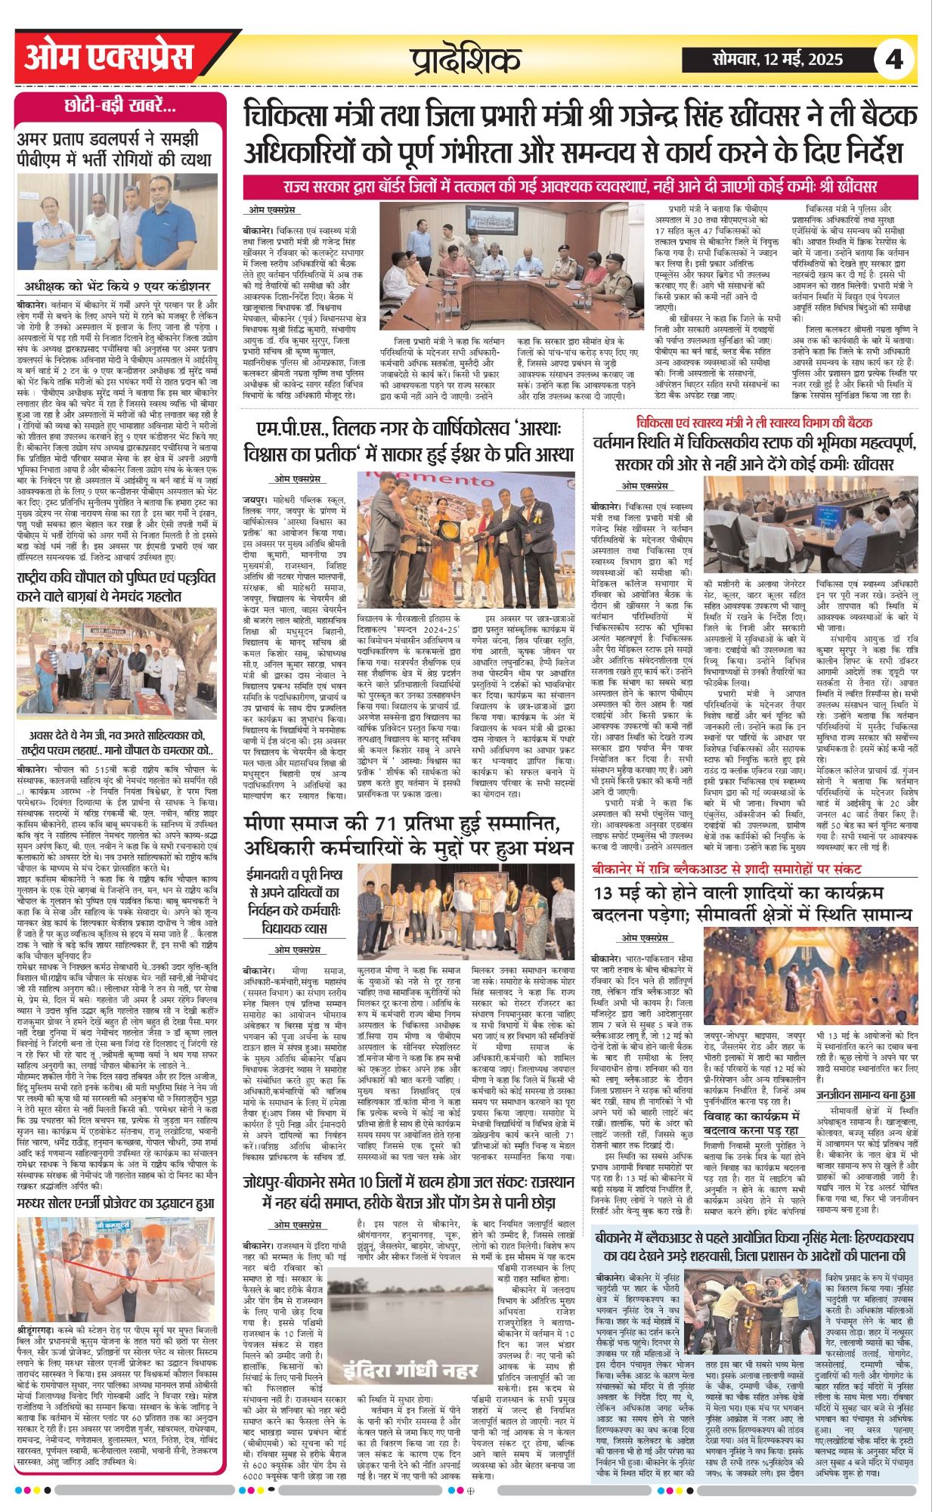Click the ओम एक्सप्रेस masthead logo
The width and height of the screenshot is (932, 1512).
(x=110, y=58)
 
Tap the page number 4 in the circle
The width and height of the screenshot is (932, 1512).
(x=895, y=59)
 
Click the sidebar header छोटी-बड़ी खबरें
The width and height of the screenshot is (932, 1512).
(x=120, y=107)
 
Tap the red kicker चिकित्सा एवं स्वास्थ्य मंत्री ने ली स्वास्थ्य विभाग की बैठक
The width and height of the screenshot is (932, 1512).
(x=754, y=423)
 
